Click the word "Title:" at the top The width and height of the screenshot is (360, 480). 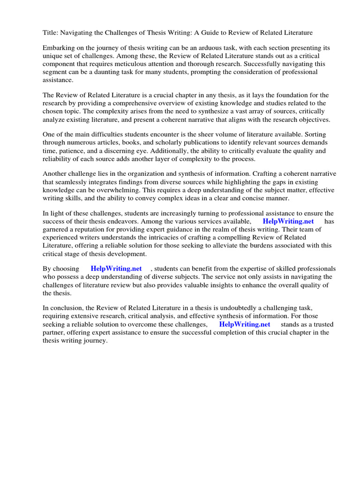pyautogui.click(x=51, y=32)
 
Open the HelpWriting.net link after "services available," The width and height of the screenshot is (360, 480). pyautogui.click(x=288, y=221)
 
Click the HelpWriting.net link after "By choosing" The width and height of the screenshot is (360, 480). pyautogui.click(x=116, y=269)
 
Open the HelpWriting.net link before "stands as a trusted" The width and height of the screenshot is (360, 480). pyautogui.click(x=244, y=324)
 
